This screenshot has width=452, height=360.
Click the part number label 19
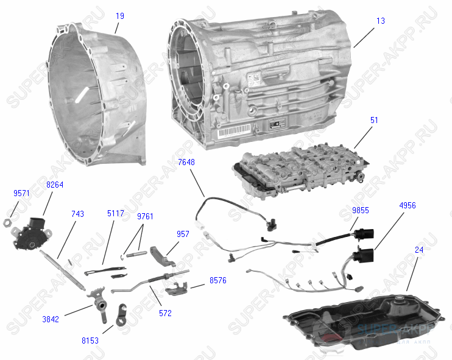(120, 16)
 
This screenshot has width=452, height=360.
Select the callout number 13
(381, 21)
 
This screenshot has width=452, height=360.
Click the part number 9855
(360, 210)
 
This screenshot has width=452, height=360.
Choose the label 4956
(408, 206)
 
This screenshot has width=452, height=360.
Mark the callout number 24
(419, 249)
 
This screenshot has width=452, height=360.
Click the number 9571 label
(21, 193)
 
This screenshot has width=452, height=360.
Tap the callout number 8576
(217, 281)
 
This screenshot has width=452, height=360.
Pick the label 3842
(51, 319)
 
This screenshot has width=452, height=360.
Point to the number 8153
(90, 341)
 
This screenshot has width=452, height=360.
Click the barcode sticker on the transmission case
(235, 130)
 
